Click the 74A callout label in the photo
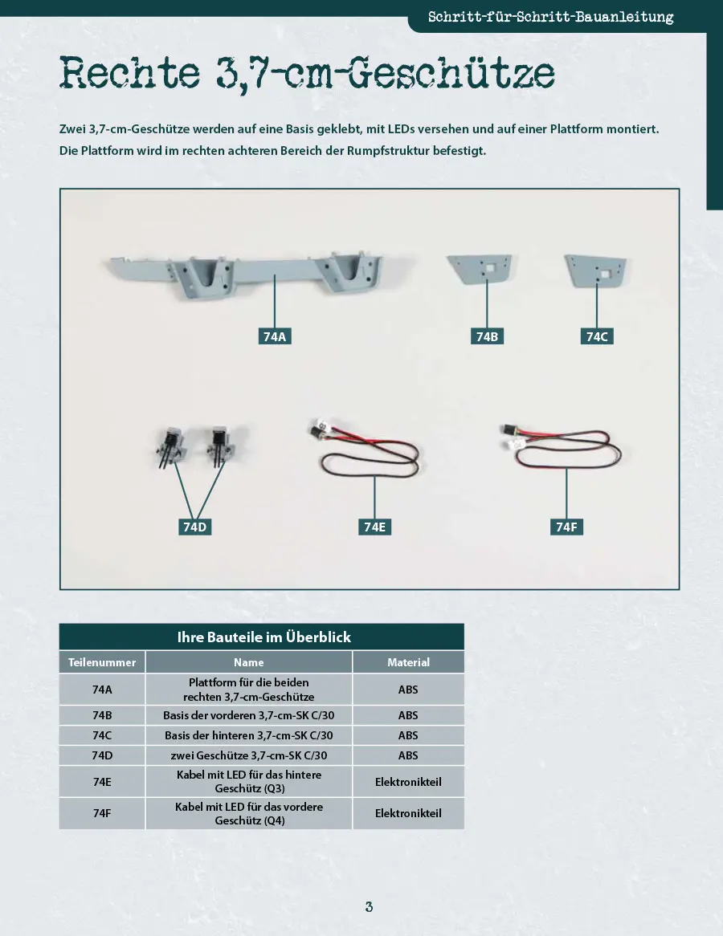tap(274, 336)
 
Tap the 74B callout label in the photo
tap(487, 336)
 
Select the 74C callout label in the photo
tap(597, 336)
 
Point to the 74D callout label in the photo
tap(194, 527)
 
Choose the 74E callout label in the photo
tap(374, 527)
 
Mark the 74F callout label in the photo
tap(566, 527)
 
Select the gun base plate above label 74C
tap(596, 271)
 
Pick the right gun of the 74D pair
tap(218, 446)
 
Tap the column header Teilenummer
tap(101, 662)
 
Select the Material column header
tap(408, 662)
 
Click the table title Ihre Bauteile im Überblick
tap(263, 637)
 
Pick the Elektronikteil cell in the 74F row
tap(408, 813)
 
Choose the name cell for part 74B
tap(248, 715)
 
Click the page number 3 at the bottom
tap(369, 907)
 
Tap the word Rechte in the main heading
tap(129, 73)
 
